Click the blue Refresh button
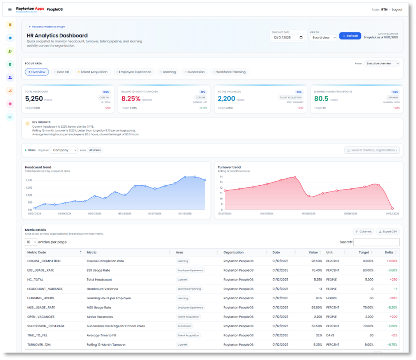coord(350,36)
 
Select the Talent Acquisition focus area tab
coord(93,72)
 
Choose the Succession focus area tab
coord(194,72)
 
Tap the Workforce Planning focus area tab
coord(230,72)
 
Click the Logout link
coord(397,9)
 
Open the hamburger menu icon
coord(10,9)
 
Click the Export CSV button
coord(388,232)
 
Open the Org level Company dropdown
coord(63,150)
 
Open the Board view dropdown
coord(323,38)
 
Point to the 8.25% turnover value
coord(130,99)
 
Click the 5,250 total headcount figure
coord(34,99)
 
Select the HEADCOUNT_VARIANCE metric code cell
coord(45,289)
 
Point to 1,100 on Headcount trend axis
coord(29,180)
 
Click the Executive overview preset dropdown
coord(381,63)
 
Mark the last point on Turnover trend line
coord(392,209)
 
